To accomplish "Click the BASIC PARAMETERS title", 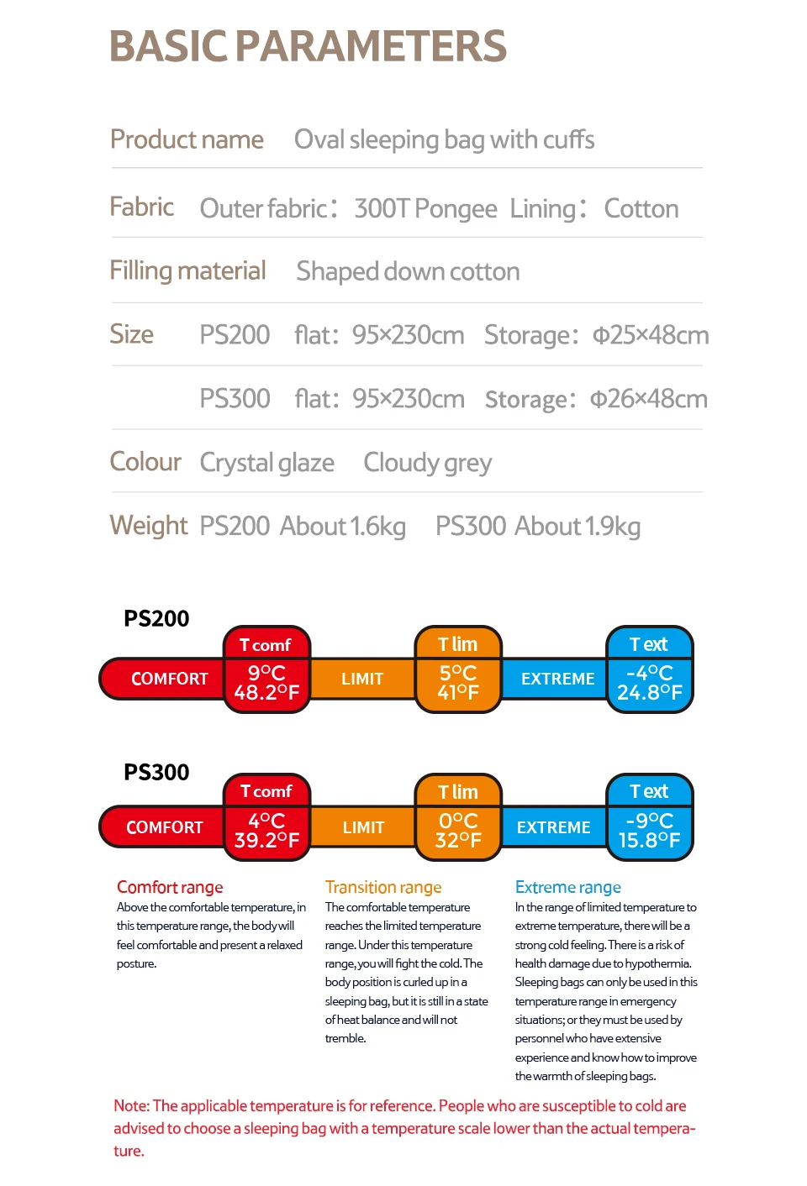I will [308, 47].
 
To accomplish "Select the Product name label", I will [187, 139].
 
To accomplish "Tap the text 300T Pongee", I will [425, 208].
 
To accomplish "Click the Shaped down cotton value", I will [408, 271].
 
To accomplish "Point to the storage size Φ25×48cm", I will [651, 335].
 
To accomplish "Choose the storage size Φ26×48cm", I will [649, 399].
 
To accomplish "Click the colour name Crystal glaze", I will [266, 463].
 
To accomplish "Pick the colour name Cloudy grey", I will [427, 463].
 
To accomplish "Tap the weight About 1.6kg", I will [343, 527].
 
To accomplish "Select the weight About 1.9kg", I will [578, 527].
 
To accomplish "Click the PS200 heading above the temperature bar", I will [156, 619].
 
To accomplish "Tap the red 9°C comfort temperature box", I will [266, 682].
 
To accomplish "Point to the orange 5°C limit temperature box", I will [458, 682].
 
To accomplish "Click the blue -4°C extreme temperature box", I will [650, 682].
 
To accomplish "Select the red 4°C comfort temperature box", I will [266, 830].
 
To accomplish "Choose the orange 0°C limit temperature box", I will [458, 830].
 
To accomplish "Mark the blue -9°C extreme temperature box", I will [650, 830].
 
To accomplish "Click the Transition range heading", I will [383, 887].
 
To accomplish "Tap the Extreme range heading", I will [568, 887].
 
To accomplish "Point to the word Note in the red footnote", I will [131, 1106].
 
